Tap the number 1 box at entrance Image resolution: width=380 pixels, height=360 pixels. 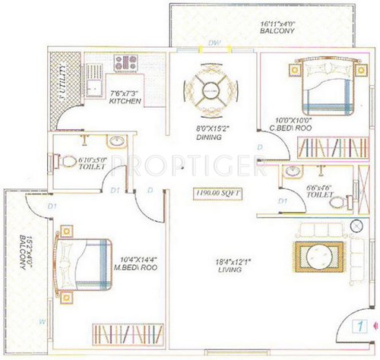(356, 328)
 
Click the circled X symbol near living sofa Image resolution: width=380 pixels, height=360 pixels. (357, 226)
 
